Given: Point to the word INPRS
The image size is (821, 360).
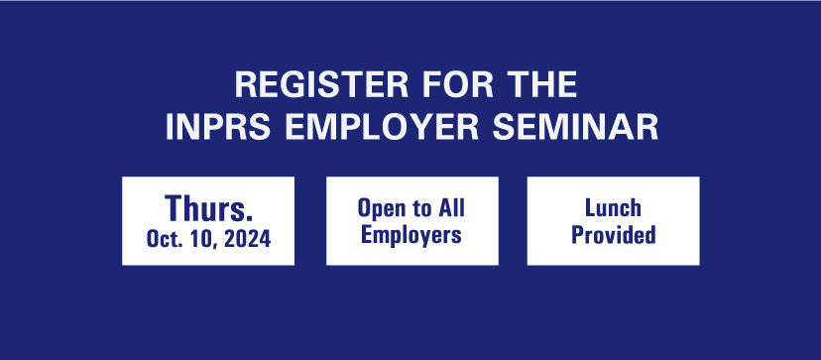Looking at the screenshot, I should pyautogui.click(x=210, y=128).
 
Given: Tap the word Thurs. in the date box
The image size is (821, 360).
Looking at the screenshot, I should pyautogui.click(x=208, y=209).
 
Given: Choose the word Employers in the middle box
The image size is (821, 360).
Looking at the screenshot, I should pyautogui.click(x=411, y=236).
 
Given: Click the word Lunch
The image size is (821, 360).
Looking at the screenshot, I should pyautogui.click(x=613, y=209).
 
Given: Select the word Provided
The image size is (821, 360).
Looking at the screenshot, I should pyautogui.click(x=613, y=236).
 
